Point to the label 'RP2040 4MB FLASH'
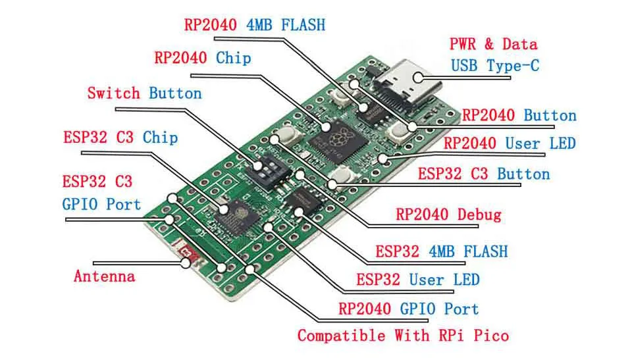pos(254,25)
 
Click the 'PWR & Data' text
pos(493,45)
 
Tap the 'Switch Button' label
pos(144,93)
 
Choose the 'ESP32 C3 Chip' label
pos(120,138)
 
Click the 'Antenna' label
pos(104,276)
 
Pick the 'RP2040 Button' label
pos(519,116)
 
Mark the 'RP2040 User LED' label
pos(510,143)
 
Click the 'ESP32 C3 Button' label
pos(484,174)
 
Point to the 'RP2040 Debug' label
pos(448,215)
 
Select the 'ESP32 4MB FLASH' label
pos(442,251)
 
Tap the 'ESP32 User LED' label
pos(418,279)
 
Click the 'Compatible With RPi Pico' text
pos(403,336)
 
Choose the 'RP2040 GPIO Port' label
pos(408,309)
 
